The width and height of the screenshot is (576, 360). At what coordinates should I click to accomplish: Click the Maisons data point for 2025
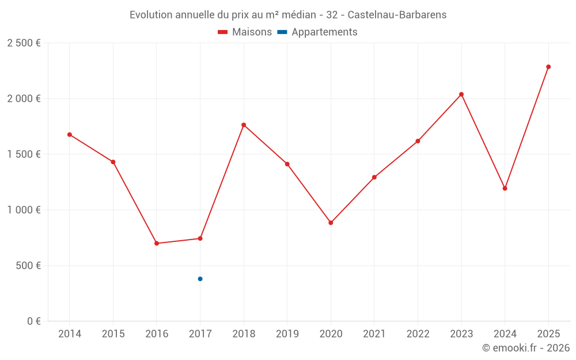548,67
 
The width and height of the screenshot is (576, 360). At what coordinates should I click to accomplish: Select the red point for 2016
157,243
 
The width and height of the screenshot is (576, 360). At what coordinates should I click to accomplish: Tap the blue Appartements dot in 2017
200,279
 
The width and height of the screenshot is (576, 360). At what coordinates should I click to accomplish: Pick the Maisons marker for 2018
244,125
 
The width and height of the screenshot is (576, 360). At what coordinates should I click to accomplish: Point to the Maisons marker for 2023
461,94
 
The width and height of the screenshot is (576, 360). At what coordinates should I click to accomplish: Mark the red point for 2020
331,223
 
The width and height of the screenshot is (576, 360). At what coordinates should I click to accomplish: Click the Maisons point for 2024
505,188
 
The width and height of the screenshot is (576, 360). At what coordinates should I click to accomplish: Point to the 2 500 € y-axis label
24,43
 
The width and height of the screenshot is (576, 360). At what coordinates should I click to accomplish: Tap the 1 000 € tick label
24,210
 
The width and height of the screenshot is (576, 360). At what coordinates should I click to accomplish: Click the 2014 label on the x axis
70,334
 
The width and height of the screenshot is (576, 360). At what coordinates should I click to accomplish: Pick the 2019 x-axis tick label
287,334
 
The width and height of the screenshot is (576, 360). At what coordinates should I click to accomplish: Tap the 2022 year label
418,334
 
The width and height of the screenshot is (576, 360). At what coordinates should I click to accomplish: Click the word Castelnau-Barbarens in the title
397,15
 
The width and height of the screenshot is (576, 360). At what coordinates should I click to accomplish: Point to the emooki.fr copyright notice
525,348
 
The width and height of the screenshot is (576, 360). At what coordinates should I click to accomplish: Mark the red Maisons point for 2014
70,135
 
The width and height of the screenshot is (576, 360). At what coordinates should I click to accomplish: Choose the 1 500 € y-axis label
24,154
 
